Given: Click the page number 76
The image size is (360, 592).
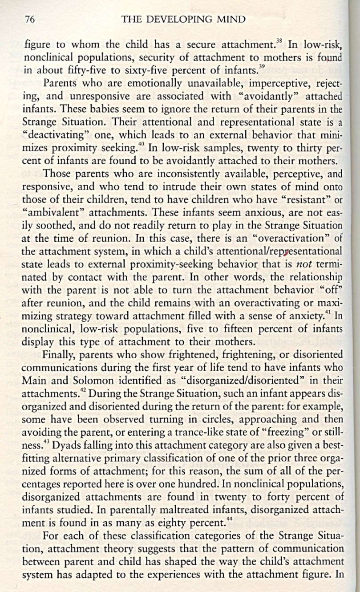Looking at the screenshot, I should point(29,19).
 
